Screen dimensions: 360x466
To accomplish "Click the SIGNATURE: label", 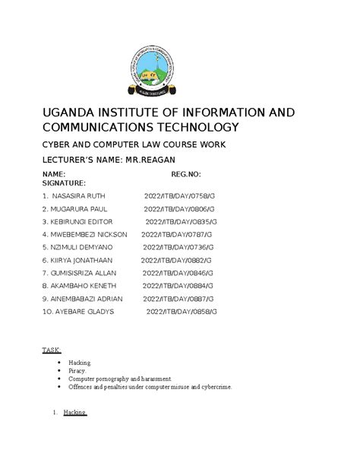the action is point(65,184).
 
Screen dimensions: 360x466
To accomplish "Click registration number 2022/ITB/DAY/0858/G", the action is point(182,312).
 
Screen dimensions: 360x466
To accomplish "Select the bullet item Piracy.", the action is point(78,371).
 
